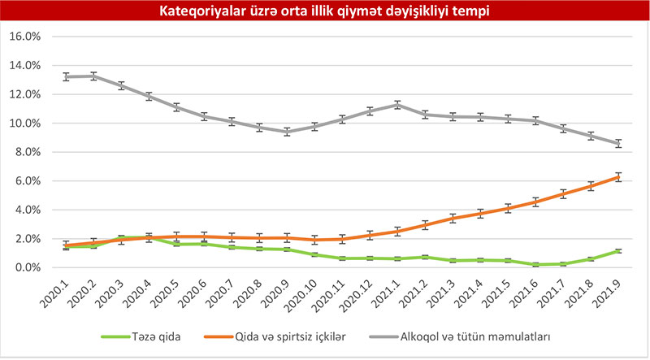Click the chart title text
tap(325, 11)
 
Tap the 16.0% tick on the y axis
tap(24, 37)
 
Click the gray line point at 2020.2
tap(94, 76)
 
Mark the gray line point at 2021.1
tap(397, 104)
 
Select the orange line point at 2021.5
tap(508, 208)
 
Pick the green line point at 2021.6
tap(535, 264)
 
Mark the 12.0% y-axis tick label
tap(24, 94)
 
